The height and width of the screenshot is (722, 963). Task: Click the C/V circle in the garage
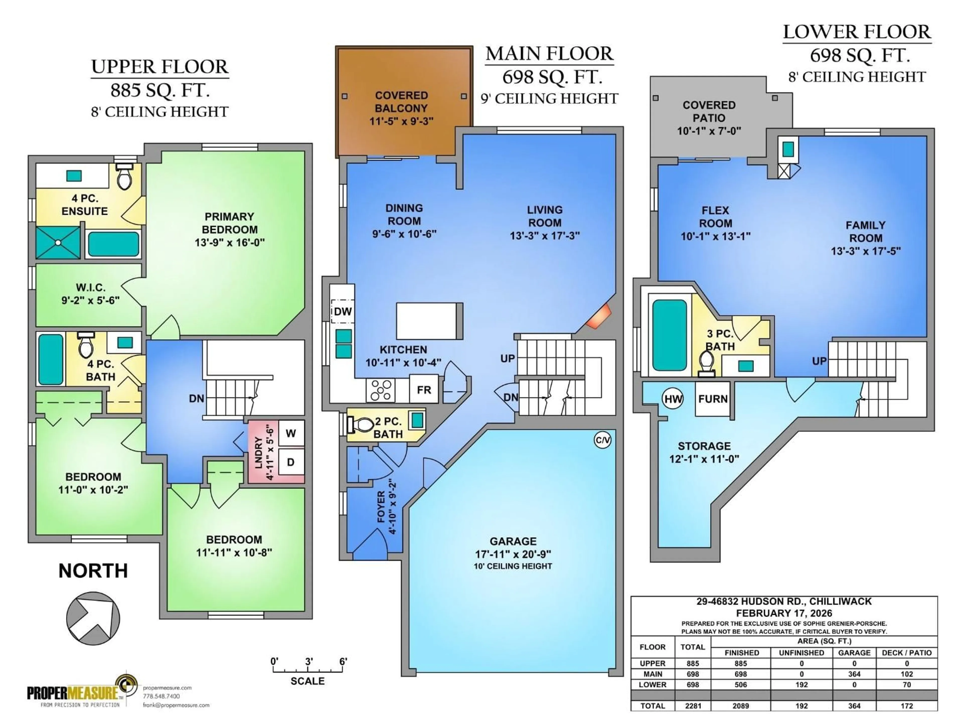pos(603,440)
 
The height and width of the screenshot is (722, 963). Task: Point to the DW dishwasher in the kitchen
pos(343,311)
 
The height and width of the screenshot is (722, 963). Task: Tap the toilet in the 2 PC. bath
pos(360,425)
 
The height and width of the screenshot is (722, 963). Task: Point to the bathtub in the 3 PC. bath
pos(669,335)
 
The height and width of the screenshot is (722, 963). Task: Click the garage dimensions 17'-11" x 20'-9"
pos(513,554)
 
